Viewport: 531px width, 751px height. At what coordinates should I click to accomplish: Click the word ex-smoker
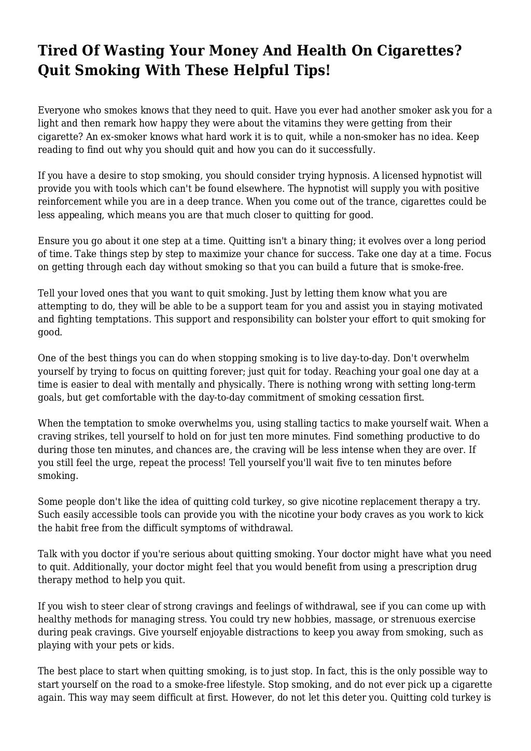click(92, 137)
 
